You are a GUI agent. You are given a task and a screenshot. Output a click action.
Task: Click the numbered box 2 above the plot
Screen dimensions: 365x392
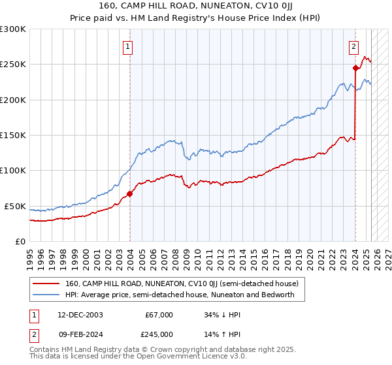(353, 46)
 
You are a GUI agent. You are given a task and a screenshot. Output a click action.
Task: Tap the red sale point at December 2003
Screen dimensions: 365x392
(130, 194)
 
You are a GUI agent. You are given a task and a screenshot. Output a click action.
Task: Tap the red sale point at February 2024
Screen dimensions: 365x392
(355, 68)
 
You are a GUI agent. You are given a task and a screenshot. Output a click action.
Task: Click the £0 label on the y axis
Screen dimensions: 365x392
(20, 241)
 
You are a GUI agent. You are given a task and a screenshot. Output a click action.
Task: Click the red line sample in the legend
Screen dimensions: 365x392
(46, 284)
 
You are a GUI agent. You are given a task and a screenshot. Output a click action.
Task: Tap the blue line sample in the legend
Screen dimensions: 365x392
(46, 295)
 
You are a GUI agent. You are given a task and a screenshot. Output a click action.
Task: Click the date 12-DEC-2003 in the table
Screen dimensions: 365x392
(80, 314)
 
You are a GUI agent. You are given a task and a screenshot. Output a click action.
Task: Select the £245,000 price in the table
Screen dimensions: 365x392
(159, 334)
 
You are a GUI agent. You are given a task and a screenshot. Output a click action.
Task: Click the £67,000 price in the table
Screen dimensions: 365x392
(159, 314)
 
